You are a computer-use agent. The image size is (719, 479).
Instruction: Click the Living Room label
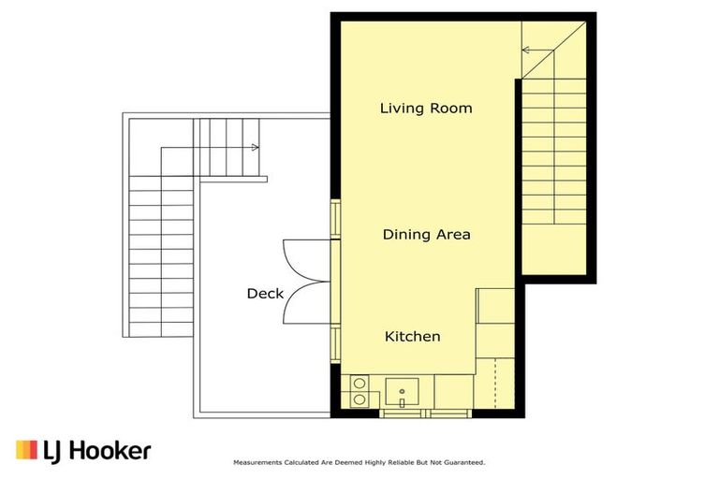coord(426,109)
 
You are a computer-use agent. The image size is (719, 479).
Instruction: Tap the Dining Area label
coord(426,234)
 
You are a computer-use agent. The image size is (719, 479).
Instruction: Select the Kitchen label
coord(413,336)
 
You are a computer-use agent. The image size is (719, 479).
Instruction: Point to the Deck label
coord(265,294)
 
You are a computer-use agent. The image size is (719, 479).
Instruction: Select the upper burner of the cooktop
coord(358,383)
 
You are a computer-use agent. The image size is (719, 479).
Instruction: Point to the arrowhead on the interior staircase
coord(526,50)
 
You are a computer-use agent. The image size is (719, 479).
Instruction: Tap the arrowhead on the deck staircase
coord(255,147)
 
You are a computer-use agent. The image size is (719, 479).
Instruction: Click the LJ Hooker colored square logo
coord(26,451)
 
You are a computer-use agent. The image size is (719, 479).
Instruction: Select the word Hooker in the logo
coord(109,451)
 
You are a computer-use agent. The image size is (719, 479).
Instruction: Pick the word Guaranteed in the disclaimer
coord(464,462)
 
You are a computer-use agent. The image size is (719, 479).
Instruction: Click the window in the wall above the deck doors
coord(334,218)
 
